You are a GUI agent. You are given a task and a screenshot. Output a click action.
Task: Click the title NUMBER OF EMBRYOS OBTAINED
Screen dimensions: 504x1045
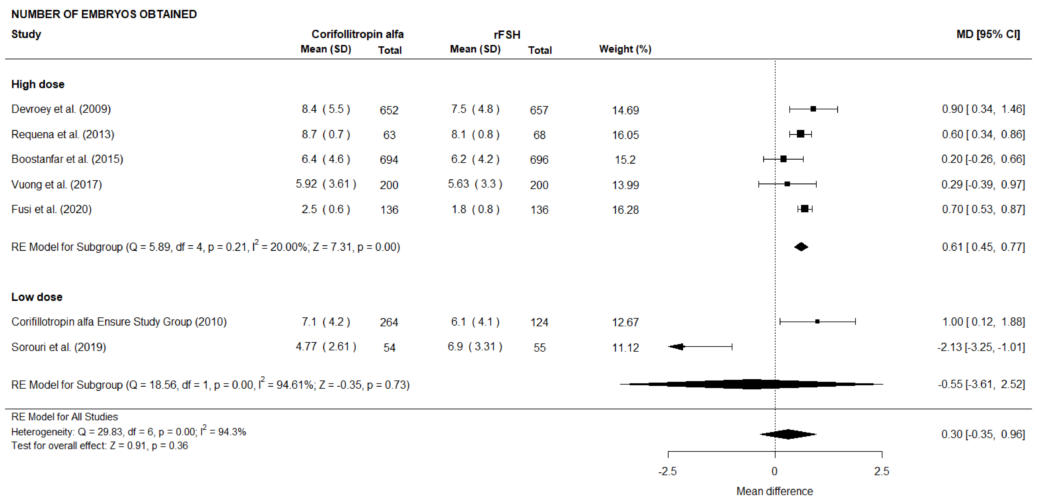coord(104,14)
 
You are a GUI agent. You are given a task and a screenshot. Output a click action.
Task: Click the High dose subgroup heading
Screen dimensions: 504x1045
coord(38,84)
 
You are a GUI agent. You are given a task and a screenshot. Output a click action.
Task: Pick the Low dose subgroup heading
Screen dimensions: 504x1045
coord(37,297)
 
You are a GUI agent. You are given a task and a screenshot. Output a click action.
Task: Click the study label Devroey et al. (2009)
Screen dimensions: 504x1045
coord(61,109)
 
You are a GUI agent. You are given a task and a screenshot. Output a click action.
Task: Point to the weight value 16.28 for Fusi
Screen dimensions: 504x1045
coord(625,210)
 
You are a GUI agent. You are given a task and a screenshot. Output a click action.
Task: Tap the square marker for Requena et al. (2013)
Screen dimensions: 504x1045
coord(800,134)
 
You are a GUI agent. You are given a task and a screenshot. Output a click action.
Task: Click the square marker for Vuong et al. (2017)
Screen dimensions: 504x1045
coord(787,184)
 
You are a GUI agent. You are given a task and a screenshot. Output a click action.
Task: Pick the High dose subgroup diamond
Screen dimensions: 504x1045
coord(801,247)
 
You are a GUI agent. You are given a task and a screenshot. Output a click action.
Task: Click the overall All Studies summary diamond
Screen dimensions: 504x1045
coord(788,434)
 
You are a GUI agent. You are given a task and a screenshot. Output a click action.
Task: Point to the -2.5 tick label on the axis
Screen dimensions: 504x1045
coord(667,471)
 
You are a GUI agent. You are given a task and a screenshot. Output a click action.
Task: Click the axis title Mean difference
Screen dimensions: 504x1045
coord(774,491)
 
